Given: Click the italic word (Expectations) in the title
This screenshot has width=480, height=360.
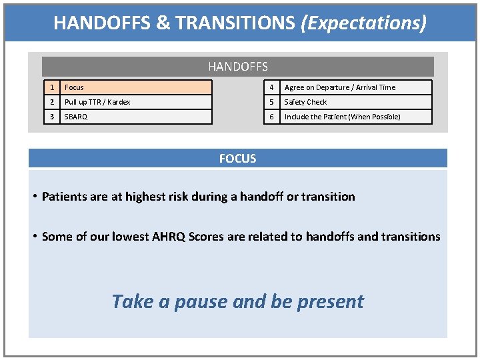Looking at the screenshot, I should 363,23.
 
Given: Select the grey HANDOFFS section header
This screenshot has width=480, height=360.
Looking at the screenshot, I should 238,67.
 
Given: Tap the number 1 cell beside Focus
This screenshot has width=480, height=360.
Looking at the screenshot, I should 51,87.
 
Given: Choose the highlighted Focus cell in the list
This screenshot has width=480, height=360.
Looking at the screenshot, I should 136,87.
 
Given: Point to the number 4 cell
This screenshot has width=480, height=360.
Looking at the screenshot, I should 272,87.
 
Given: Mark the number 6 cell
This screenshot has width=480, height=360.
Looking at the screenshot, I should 272,117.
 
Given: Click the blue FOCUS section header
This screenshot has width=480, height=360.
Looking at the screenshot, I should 238,158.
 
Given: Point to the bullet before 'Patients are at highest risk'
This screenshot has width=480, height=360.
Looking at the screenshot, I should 35,197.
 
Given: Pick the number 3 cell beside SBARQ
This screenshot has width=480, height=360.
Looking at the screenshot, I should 51,117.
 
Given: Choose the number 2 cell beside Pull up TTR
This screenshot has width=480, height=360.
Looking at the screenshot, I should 51,102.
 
